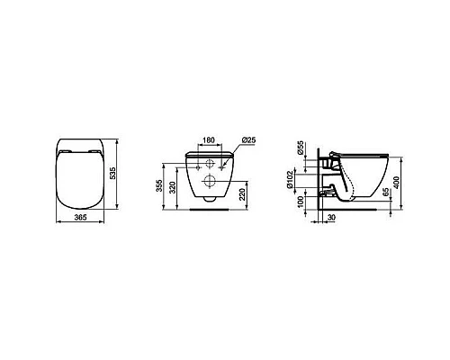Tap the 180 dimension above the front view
tap(207, 141)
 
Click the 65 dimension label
tap(384, 193)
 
